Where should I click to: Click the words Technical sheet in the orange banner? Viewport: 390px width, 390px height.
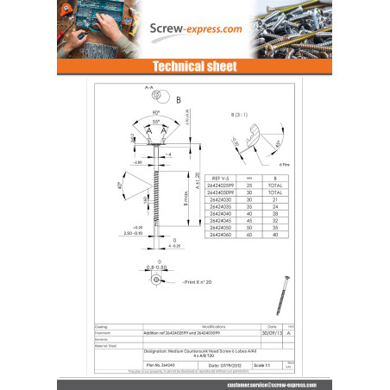pyautogui.click(x=194, y=66)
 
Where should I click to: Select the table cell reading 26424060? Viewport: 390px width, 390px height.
pyautogui.click(x=221, y=235)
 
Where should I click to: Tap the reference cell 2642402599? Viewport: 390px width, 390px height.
pyautogui.click(x=221, y=184)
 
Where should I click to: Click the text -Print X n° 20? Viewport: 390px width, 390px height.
pyautogui.click(x=199, y=282)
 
